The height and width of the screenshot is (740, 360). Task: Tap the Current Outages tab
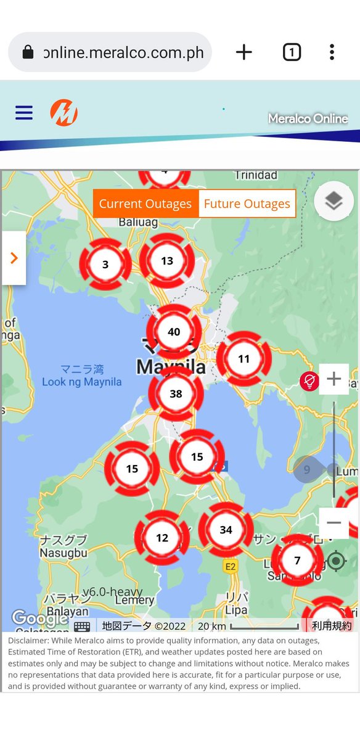[145, 204]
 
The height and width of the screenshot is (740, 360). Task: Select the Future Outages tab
[247, 204]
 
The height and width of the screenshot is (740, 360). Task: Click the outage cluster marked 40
[174, 332]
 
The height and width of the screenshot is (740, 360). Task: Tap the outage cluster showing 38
[176, 393]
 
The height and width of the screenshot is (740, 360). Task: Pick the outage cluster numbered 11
[243, 359]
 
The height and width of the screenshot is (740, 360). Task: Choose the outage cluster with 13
[166, 261]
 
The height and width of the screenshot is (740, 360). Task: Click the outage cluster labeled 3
[105, 265]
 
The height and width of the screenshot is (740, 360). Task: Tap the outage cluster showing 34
[226, 530]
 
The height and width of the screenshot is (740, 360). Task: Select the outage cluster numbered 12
[162, 538]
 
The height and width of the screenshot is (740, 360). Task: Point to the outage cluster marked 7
[297, 561]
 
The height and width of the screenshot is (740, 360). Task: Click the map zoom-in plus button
[333, 379]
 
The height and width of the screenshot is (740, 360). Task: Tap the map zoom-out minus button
[333, 523]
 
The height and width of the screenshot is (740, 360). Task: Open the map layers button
[333, 201]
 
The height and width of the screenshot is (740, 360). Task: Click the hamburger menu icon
[24, 113]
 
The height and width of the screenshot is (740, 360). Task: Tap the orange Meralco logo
[64, 113]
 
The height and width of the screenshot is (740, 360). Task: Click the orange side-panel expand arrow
[14, 258]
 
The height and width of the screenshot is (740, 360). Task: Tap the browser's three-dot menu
[332, 52]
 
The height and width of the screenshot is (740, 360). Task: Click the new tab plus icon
[244, 52]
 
